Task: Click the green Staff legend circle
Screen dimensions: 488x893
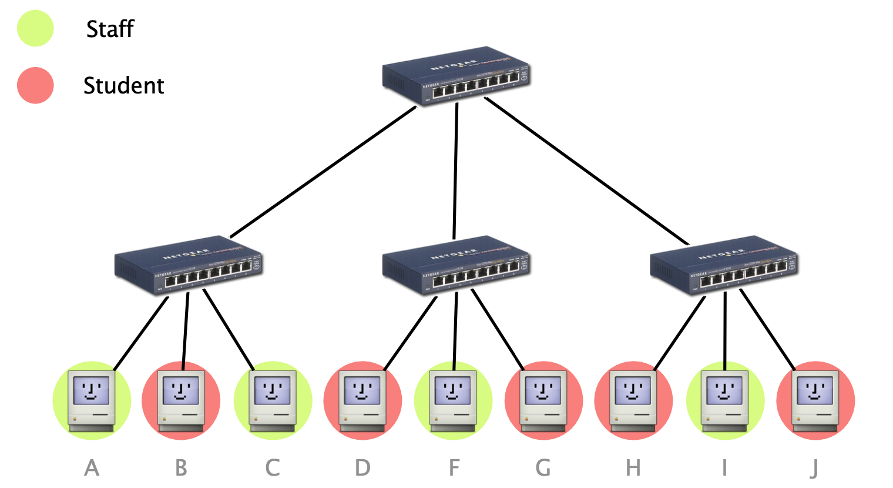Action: pyautogui.click(x=35, y=28)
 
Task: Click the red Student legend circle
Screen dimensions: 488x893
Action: pyautogui.click(x=35, y=85)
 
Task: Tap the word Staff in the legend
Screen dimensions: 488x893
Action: pyautogui.click(x=110, y=29)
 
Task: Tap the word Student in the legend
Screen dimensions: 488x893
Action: pyautogui.click(x=123, y=86)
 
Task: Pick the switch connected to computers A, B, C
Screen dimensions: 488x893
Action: pyautogui.click(x=188, y=265)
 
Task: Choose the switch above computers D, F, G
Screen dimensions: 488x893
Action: pyautogui.click(x=456, y=265)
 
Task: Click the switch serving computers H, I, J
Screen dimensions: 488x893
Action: pyautogui.click(x=724, y=265)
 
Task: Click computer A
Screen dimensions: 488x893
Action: pyautogui.click(x=92, y=400)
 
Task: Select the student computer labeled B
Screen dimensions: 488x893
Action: pyautogui.click(x=181, y=400)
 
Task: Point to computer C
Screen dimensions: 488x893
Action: pyautogui.click(x=273, y=400)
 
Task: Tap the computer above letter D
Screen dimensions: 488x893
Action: pyautogui.click(x=362, y=400)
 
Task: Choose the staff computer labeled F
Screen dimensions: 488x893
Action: pyautogui.click(x=453, y=400)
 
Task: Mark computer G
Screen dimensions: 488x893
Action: pyautogui.click(x=543, y=400)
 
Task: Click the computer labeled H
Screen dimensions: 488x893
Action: pyautogui.click(x=633, y=400)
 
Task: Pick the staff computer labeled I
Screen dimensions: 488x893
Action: pyautogui.click(x=725, y=400)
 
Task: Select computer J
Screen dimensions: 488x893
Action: pyautogui.click(x=815, y=400)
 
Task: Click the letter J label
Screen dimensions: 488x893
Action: pyautogui.click(x=814, y=469)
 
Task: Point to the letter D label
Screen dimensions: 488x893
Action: pyautogui.click(x=362, y=468)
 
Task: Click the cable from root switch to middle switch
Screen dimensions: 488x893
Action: pyautogui.click(x=455, y=171)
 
